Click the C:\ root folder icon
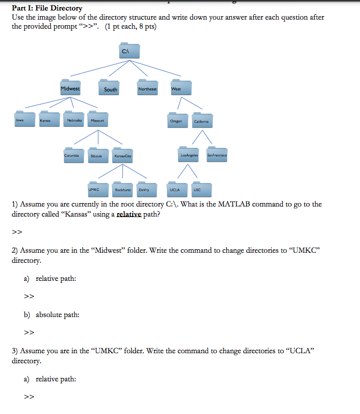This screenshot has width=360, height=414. pos(129,52)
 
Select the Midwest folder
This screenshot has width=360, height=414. pos(70,87)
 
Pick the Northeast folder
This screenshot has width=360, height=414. pos(147,87)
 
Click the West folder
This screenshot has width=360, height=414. pos(181,87)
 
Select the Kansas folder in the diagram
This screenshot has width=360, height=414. pos(49,119)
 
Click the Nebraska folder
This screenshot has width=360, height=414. pos(75,119)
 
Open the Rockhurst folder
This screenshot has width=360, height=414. pos(123,189)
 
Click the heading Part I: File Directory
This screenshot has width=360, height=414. pos(47,8)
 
